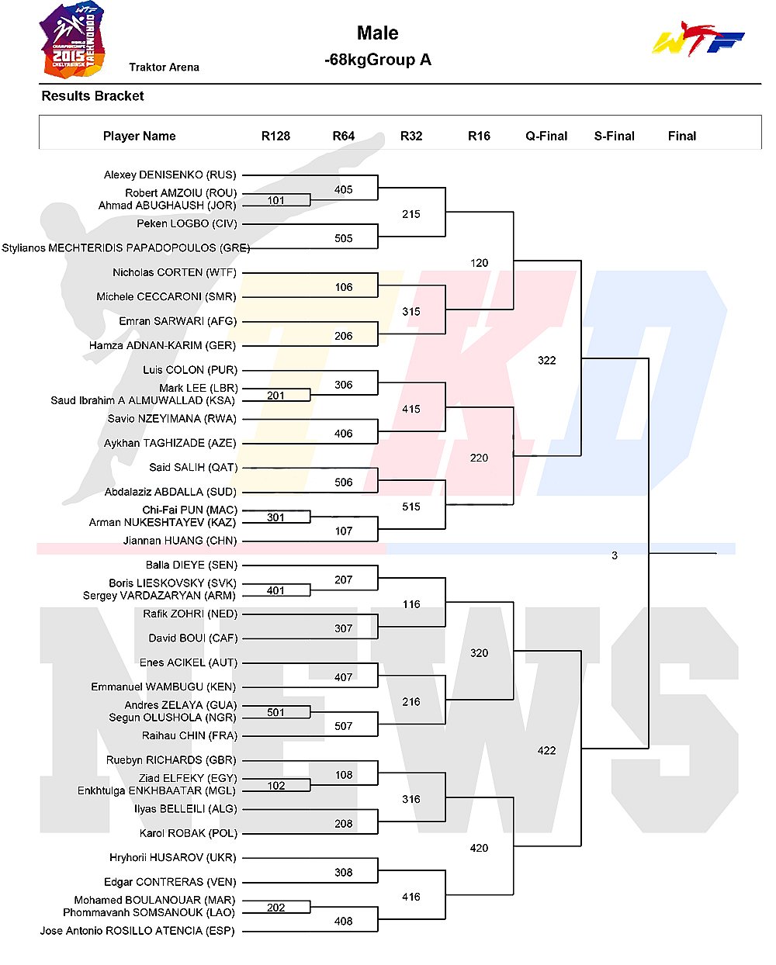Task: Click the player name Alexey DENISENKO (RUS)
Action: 170,175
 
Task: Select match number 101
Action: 275,200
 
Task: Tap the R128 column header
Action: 275,136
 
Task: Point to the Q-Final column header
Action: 546,136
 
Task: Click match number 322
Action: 547,360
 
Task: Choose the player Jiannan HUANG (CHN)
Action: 180,541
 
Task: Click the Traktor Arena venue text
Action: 165,67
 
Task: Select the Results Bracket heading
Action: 92,96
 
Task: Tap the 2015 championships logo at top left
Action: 73,40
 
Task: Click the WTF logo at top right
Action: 698,39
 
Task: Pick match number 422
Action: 547,750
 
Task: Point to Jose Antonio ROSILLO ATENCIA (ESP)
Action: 137,931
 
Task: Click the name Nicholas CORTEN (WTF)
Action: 175,272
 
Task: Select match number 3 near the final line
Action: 615,555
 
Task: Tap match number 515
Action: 411,507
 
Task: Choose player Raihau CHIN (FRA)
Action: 190,736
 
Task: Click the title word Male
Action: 378,33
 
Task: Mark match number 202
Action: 275,908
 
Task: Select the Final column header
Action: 682,136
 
